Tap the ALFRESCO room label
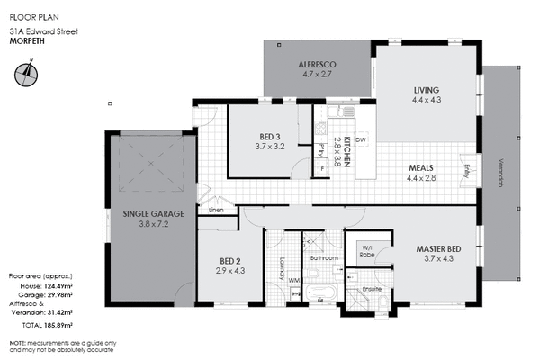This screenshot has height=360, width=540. pos(317,65)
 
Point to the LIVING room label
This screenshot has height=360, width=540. pos(426,90)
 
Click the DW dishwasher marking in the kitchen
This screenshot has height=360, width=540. pos(359,140)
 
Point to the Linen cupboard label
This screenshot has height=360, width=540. pos(216,211)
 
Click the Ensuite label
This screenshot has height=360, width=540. pos(373,290)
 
